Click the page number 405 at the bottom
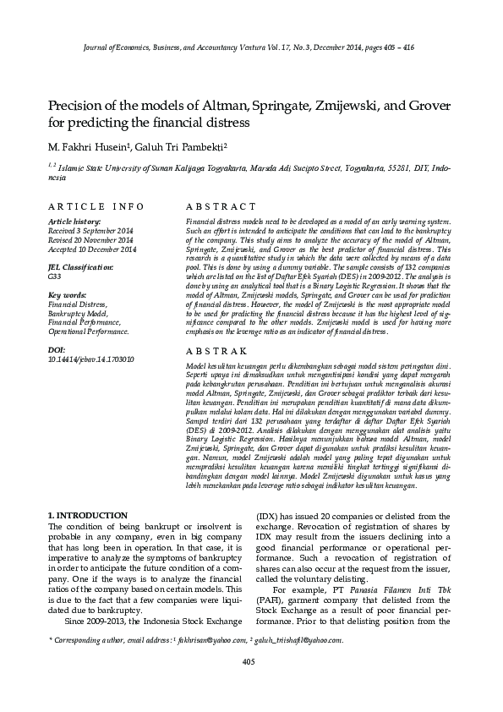(249, 661)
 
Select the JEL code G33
(55, 277)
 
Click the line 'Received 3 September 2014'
(91, 231)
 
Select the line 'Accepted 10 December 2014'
(92, 249)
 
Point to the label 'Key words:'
(68, 295)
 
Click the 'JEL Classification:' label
(81, 267)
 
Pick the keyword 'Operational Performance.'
(89, 331)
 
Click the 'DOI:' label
(57, 349)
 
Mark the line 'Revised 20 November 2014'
(90, 240)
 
